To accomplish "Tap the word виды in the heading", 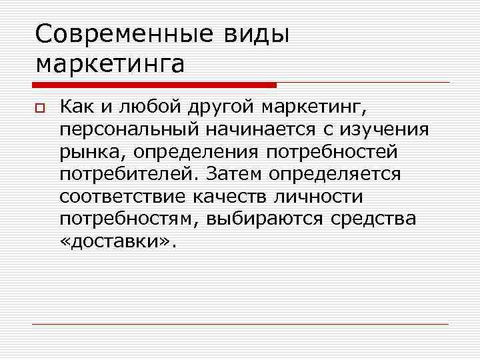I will pyautogui.click(x=257, y=34).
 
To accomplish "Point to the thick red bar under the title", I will pyautogui.click(x=154, y=85).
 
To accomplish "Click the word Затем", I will pyautogui.click(x=235, y=174).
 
